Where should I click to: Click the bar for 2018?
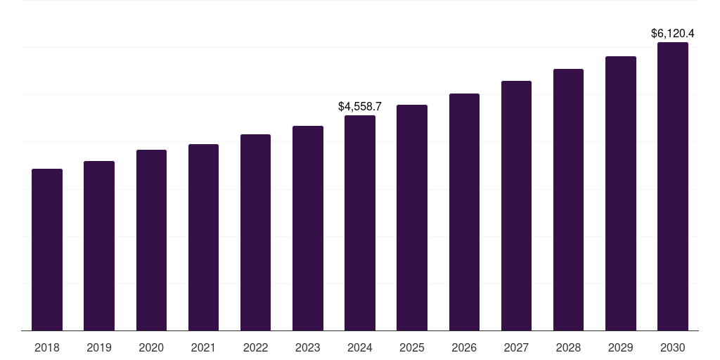(x=47, y=250)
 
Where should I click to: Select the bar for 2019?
(x=99, y=246)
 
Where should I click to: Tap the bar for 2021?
(x=203, y=238)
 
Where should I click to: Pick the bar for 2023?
(x=308, y=229)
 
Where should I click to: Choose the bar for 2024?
(x=360, y=223)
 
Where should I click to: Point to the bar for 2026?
(x=464, y=212)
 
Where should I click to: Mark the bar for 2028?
(x=568, y=200)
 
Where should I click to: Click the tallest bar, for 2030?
(x=673, y=186)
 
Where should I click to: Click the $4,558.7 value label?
(x=360, y=107)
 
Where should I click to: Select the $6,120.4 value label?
(x=673, y=33)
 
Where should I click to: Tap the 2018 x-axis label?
(x=47, y=347)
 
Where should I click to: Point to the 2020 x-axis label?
(x=151, y=347)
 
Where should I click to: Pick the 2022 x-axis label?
(x=255, y=347)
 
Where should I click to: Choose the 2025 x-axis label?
(x=412, y=347)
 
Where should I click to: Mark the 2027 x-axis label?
(x=516, y=347)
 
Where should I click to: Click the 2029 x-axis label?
(x=620, y=347)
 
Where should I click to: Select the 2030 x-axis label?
(x=673, y=347)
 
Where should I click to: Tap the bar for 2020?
(x=151, y=240)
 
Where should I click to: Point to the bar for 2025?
(x=412, y=218)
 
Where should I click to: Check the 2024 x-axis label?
(x=360, y=347)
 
